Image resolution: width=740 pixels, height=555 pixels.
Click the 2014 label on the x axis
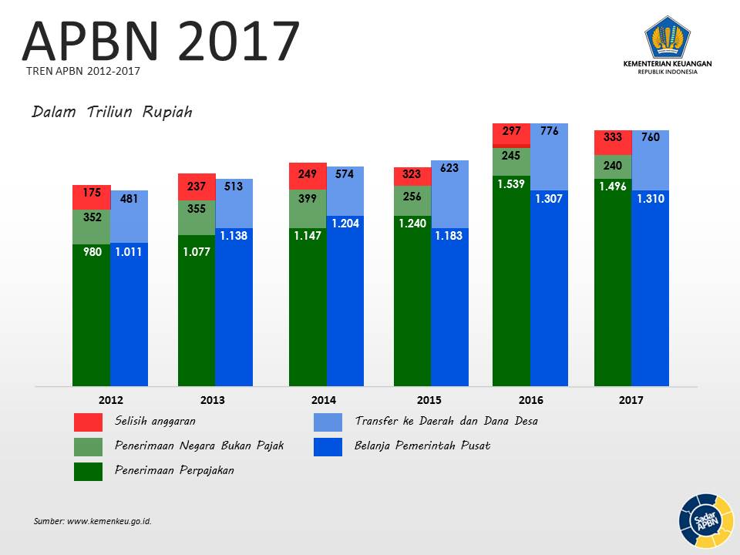tap(323, 401)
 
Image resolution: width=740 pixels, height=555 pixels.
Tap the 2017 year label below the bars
tap(631, 401)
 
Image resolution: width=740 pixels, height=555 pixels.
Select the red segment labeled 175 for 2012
tap(91, 197)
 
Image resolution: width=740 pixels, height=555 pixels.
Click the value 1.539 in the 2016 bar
tap(510, 184)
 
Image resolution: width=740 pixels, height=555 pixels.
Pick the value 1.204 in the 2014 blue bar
tap(345, 224)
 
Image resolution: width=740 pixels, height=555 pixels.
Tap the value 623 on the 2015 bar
tap(449, 167)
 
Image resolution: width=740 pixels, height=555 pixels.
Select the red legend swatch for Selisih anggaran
tap(88, 422)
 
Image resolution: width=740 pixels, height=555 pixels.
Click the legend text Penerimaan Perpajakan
tap(174, 470)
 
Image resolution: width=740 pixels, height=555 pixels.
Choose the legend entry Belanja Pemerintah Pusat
tap(422, 446)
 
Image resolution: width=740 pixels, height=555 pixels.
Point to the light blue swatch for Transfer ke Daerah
tap(328, 422)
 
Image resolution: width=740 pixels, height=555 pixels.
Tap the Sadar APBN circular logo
tap(705, 521)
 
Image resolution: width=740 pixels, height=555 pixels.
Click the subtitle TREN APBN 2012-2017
tap(83, 71)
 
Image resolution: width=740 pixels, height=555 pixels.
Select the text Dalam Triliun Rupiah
tap(112, 113)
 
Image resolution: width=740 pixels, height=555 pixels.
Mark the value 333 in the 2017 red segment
tap(613, 138)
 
